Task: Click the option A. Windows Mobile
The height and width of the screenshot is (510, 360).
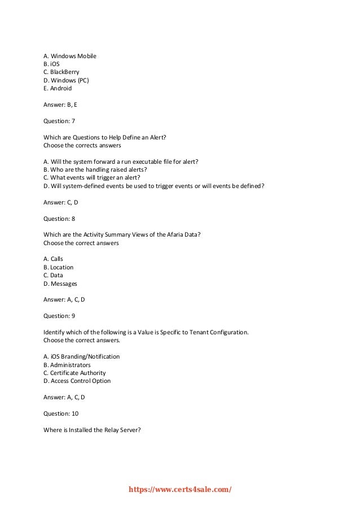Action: coord(70,56)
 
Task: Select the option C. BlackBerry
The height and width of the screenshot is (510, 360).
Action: coord(62,72)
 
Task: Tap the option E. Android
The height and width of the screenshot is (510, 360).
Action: coord(58,88)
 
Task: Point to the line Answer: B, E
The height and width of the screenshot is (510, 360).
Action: coord(60,104)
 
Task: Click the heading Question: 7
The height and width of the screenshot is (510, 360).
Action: coord(59,121)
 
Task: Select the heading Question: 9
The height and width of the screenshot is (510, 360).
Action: coord(59,316)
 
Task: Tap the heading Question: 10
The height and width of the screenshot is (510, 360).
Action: coord(61,413)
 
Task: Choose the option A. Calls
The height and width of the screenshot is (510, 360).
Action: coord(53,259)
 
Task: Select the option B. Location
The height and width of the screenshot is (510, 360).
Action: coord(59,267)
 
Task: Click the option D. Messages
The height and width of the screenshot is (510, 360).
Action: coord(60,284)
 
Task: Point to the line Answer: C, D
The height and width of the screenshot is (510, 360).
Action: coord(61,202)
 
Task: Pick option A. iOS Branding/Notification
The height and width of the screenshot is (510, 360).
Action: coord(81,356)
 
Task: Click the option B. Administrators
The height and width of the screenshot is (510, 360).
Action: coord(67,365)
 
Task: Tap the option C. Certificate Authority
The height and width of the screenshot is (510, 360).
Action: coord(74,373)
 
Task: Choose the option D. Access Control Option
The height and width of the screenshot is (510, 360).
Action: coord(77,381)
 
